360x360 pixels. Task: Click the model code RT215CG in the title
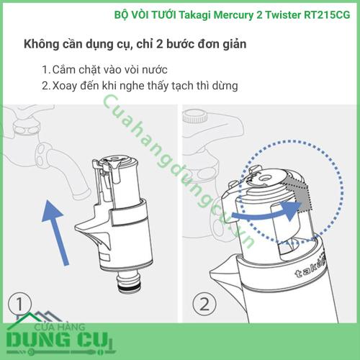(327, 15)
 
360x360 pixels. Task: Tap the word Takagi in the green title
(195, 15)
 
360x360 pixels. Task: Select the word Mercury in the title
(233, 16)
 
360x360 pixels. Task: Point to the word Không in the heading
(41, 44)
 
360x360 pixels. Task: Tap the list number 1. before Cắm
(46, 70)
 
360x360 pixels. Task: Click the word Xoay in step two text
(64, 86)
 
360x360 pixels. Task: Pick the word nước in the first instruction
(155, 70)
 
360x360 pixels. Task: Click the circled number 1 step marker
(19, 304)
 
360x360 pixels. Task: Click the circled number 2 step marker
(204, 305)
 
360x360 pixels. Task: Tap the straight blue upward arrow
(55, 232)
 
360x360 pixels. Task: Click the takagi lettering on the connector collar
(310, 268)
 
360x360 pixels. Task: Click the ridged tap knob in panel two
(195, 116)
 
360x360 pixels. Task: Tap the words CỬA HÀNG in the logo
(60, 327)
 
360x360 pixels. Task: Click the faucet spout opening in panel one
(79, 192)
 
